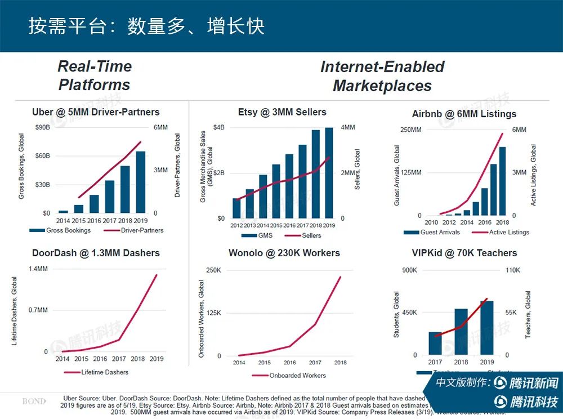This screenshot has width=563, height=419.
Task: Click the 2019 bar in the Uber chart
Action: (x=141, y=182)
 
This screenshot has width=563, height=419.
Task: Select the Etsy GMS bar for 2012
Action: (x=236, y=207)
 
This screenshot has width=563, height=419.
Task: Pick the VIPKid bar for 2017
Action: (x=435, y=343)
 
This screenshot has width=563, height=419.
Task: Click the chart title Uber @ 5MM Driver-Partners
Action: (x=96, y=112)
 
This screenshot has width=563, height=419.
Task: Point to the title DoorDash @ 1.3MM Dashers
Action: (x=96, y=253)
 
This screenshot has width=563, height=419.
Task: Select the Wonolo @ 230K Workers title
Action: (x=284, y=253)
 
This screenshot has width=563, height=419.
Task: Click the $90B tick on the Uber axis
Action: (x=42, y=127)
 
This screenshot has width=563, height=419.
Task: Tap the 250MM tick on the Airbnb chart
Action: (x=410, y=130)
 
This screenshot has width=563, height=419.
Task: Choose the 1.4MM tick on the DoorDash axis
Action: (x=38, y=269)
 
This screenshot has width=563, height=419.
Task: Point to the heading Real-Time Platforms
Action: (x=95, y=75)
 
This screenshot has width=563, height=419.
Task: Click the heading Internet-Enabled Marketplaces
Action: (x=382, y=76)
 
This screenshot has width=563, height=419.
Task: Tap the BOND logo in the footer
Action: (x=34, y=402)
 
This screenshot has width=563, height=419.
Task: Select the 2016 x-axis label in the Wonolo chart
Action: (x=290, y=363)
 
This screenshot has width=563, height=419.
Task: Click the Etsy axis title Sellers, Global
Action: (x=357, y=169)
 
